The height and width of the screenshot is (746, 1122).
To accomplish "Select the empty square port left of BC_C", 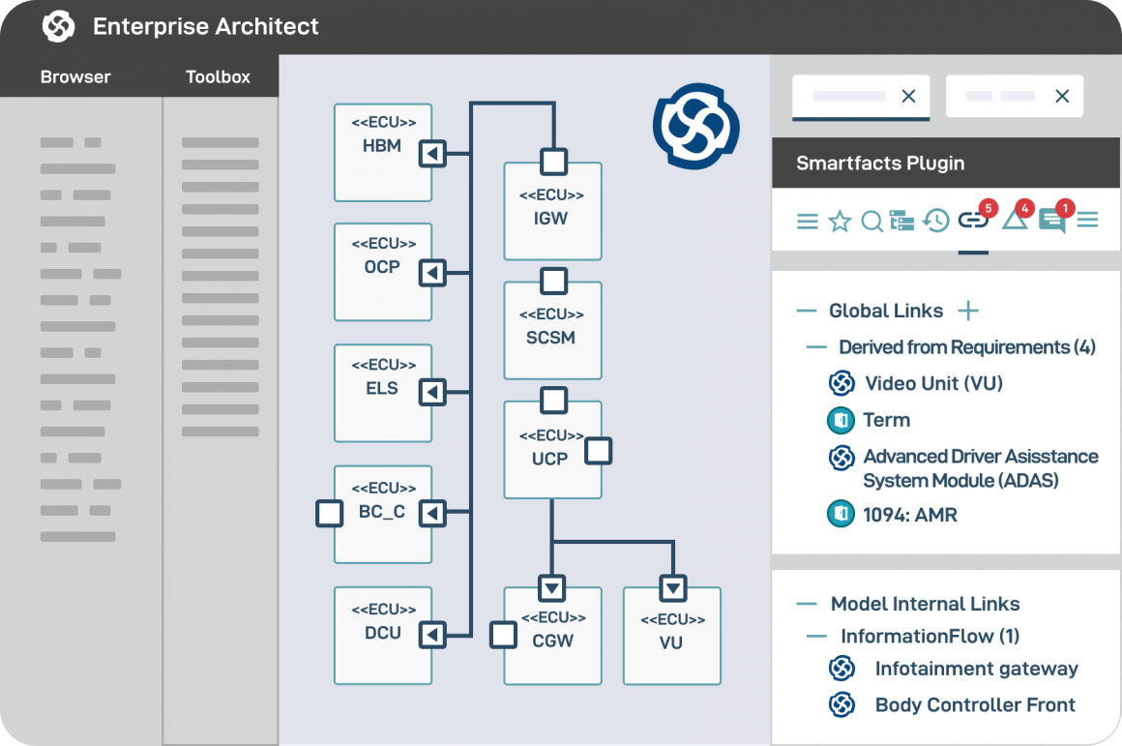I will coord(330,513).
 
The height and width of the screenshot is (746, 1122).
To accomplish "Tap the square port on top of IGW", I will coord(553,160).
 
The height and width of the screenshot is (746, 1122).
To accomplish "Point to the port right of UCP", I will coord(599,451).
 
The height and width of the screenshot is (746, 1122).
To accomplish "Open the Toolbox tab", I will coord(218,77).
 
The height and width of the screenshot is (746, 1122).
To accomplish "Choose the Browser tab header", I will coord(75,77).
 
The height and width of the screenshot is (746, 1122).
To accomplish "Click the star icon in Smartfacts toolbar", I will coord(840,222).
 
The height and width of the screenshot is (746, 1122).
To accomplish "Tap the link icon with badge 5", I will coord(972,221).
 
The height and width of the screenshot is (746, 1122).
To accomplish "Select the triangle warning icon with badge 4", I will coord(1014,221).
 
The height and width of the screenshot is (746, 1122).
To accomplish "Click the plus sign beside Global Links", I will coord(967,311).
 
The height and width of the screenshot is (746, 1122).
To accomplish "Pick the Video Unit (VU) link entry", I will coord(932,383).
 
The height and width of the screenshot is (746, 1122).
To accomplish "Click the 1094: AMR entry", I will coord(909,515).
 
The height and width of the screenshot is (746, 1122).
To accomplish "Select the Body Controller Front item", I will coord(974,705).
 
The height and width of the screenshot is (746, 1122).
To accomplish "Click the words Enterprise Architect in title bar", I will coord(205,26).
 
